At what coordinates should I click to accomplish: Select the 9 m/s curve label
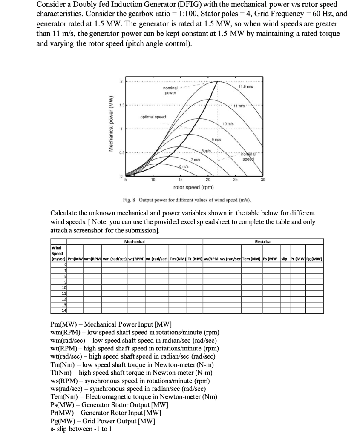[x=216, y=140]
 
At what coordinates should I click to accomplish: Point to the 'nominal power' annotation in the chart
[x=170, y=89]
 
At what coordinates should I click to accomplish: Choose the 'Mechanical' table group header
[x=134, y=242]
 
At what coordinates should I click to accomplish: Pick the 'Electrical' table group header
[x=263, y=242]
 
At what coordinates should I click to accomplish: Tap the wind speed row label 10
[x=65, y=288]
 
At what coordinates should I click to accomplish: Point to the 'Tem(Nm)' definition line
[x=134, y=396]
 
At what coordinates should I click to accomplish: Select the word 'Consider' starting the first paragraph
[x=50, y=5]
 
